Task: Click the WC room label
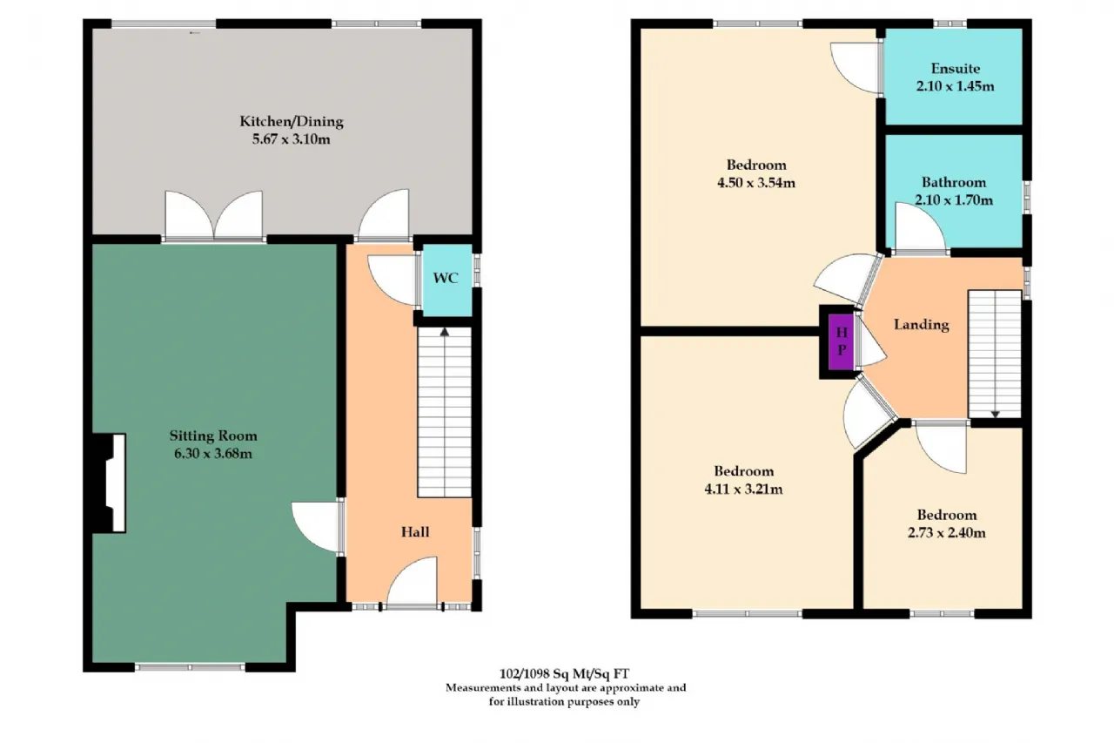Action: [445, 278]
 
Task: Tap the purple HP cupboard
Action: [842, 341]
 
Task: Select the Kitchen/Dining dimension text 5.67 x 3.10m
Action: [291, 138]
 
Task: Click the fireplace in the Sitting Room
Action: [110, 483]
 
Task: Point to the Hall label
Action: [415, 532]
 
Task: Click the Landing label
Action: [921, 325]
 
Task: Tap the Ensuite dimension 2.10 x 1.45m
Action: [955, 86]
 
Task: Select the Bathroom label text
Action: [953, 182]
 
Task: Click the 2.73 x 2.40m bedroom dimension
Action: [946, 532]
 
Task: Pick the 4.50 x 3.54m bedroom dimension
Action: [756, 183]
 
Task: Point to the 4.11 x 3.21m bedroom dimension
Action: [743, 489]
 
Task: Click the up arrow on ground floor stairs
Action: [445, 332]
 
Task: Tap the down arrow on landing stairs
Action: [995, 414]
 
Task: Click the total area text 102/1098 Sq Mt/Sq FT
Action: [564, 674]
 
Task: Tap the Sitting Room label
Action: [213, 436]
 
